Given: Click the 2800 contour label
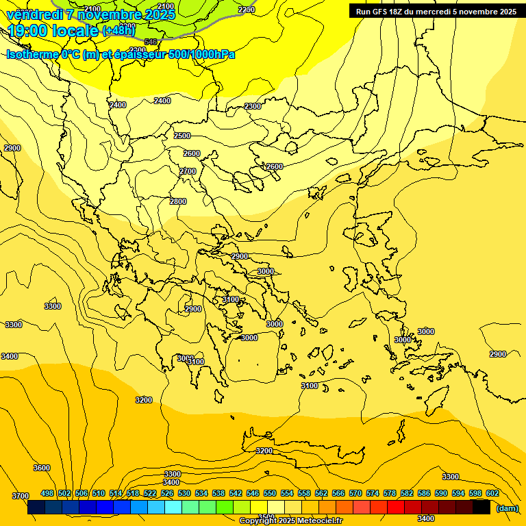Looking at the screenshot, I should click(x=178, y=201).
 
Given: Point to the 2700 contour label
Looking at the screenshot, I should click(x=188, y=171).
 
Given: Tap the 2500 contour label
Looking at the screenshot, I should click(x=182, y=136).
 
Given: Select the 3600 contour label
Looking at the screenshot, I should click(x=42, y=468).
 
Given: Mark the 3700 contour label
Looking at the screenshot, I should click(x=21, y=496).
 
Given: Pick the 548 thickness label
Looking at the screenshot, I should click(x=151, y=42).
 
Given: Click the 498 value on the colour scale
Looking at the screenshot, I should click(x=47, y=493).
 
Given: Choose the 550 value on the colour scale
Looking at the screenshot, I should click(x=270, y=493).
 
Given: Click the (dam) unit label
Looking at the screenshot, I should click(x=507, y=508).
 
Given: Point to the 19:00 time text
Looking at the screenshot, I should click(x=30, y=31).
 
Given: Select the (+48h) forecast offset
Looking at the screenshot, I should click(x=118, y=31).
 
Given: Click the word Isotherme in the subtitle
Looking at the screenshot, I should click(x=32, y=54).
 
